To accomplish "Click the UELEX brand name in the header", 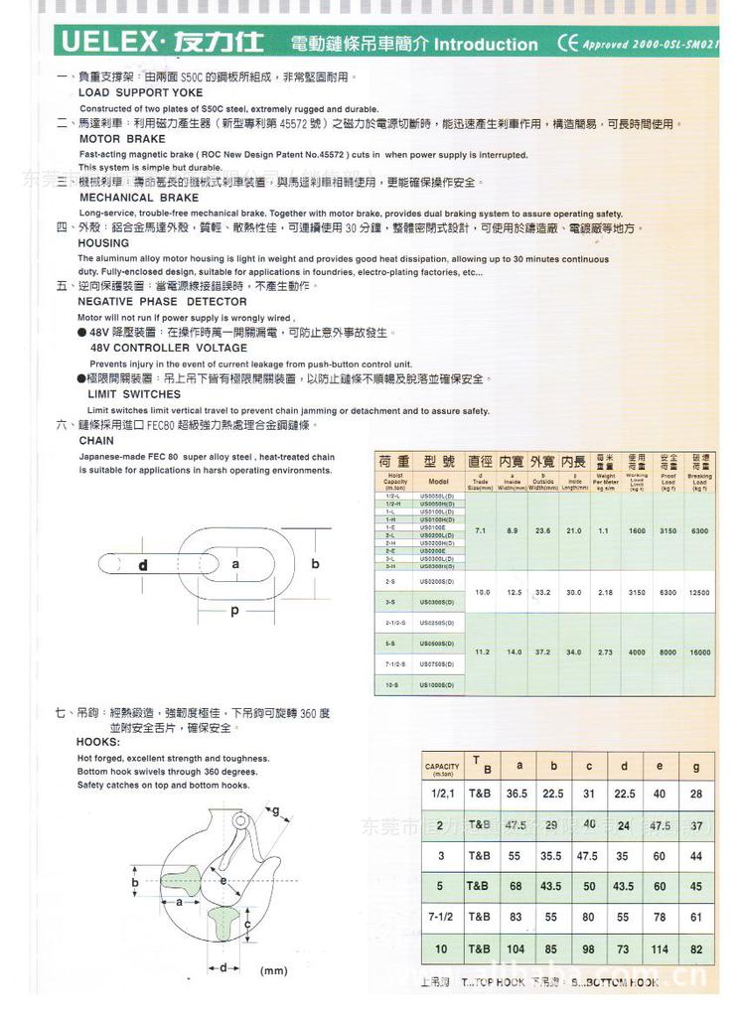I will (107, 43).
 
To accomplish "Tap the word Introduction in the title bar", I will (486, 45).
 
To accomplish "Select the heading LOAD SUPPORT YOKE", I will (140, 92).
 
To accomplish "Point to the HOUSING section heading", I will (103, 242).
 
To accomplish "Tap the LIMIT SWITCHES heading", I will (134, 394).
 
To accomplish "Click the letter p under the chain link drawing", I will (234, 611).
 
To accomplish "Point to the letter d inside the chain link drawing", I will (143, 565).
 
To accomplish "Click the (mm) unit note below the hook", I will (273, 970).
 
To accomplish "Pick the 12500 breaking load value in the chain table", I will (699, 592).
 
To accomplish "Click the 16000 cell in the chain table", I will (699, 653).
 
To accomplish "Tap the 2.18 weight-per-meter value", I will (605, 592).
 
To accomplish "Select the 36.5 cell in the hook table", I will (517, 794).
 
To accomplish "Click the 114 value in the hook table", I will (660, 949).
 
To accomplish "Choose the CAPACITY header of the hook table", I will (442, 768).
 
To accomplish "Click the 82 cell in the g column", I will (696, 949).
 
